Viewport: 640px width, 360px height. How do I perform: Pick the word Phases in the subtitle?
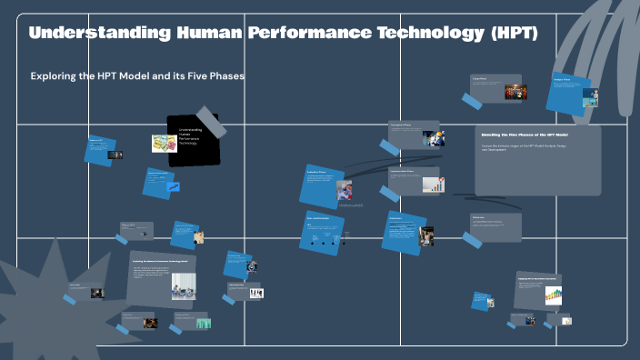(x=225, y=76)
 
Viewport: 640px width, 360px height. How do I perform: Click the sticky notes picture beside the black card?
(x=164, y=144)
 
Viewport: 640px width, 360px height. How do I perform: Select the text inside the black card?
(x=190, y=136)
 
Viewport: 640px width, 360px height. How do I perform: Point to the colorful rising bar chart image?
(x=553, y=295)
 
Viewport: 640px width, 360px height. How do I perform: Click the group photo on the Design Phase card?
(x=515, y=93)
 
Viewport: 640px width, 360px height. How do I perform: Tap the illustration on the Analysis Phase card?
(x=590, y=97)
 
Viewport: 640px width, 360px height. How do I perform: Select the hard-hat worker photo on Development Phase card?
(x=434, y=138)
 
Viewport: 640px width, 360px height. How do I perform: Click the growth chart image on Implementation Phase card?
(x=434, y=185)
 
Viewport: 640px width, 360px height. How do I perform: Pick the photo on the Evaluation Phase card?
(x=345, y=191)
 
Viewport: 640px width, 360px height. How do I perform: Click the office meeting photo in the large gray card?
(x=185, y=290)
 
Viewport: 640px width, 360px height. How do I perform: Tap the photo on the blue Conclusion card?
(x=426, y=235)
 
